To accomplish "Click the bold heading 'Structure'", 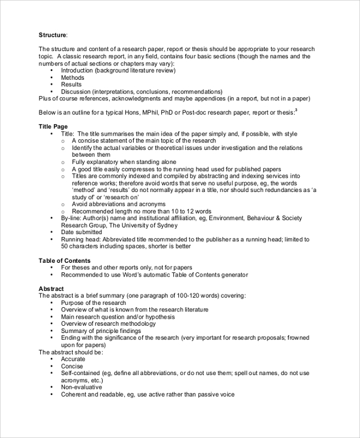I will coord(53,35).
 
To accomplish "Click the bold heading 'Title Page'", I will coord(53,127).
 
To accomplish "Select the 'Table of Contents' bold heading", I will coord(65,260).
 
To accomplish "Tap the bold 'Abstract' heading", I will coord(51,289).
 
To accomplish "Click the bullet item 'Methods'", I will coord(73,77).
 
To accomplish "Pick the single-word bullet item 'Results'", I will coord(71,85).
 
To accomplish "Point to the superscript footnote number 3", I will coord(296,110).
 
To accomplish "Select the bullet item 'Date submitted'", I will coord(82,232).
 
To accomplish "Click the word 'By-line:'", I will coord(73,218).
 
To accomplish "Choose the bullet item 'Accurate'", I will coord(73,359).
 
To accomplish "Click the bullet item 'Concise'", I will coord(72,366).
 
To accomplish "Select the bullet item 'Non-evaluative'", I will coord(81,387).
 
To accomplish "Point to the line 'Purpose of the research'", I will coord(93,303).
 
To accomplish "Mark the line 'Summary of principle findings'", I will coord(101,331).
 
